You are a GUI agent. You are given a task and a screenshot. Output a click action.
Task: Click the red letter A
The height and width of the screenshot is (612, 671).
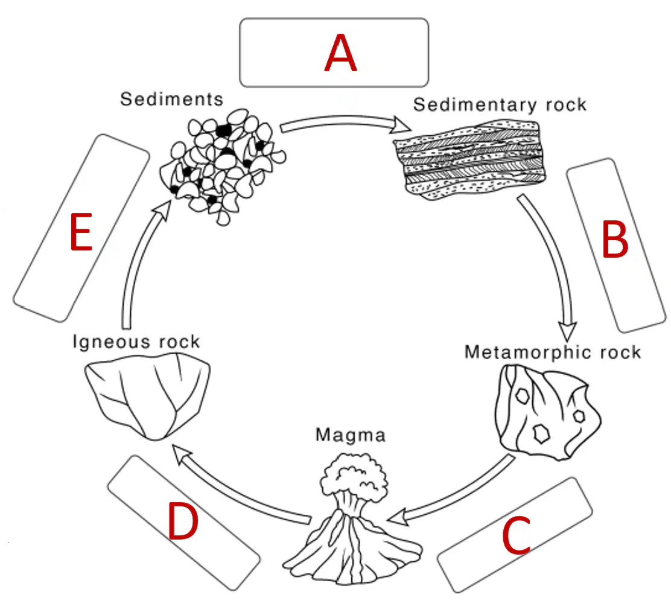[340, 53]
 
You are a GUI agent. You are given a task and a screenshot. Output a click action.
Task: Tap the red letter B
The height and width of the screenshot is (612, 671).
[615, 240]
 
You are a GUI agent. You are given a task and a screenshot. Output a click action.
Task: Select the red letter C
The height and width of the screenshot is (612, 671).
[516, 535]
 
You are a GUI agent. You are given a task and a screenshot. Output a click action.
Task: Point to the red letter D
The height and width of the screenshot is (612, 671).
[183, 521]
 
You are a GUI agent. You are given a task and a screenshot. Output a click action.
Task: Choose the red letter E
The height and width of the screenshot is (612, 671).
[81, 232]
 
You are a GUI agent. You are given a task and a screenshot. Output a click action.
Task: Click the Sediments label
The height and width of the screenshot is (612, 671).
[171, 100]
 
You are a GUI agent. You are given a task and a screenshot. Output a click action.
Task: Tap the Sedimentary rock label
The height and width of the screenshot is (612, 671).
[500, 105]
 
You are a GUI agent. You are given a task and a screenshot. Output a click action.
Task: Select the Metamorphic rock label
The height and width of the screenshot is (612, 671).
[553, 352]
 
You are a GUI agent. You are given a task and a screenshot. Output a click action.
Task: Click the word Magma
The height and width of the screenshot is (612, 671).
[351, 435]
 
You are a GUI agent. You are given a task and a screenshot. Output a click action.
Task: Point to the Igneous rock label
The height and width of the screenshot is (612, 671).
[136, 342]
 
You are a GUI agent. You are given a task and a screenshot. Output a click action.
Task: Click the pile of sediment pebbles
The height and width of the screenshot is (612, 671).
[223, 167]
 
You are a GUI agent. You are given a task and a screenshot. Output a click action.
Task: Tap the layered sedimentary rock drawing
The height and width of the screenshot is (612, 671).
[469, 160]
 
